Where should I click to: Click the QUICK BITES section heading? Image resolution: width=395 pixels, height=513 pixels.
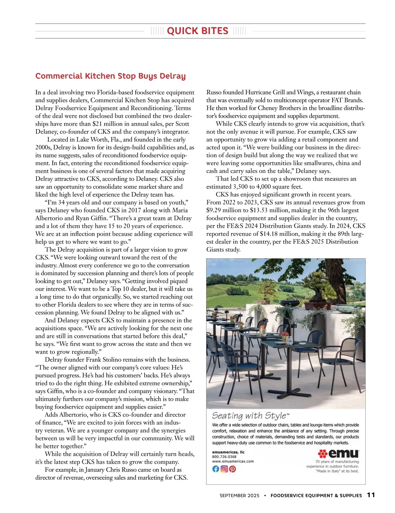(x=197, y=31)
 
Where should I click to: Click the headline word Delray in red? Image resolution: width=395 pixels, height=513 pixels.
(x=172, y=76)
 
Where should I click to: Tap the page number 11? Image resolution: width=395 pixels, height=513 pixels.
(x=371, y=495)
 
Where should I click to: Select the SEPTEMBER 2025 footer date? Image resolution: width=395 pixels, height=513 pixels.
(x=239, y=496)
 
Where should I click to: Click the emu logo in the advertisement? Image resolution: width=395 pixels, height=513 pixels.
(x=339, y=454)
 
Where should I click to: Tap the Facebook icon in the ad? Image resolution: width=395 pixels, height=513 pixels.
(x=216, y=469)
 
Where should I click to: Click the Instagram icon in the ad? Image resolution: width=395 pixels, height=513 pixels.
(x=224, y=469)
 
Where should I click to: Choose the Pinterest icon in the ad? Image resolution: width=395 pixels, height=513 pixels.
(x=232, y=469)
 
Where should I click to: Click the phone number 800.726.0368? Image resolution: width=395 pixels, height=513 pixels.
(x=224, y=457)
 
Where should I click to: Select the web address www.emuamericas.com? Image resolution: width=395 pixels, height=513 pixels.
(x=233, y=461)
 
